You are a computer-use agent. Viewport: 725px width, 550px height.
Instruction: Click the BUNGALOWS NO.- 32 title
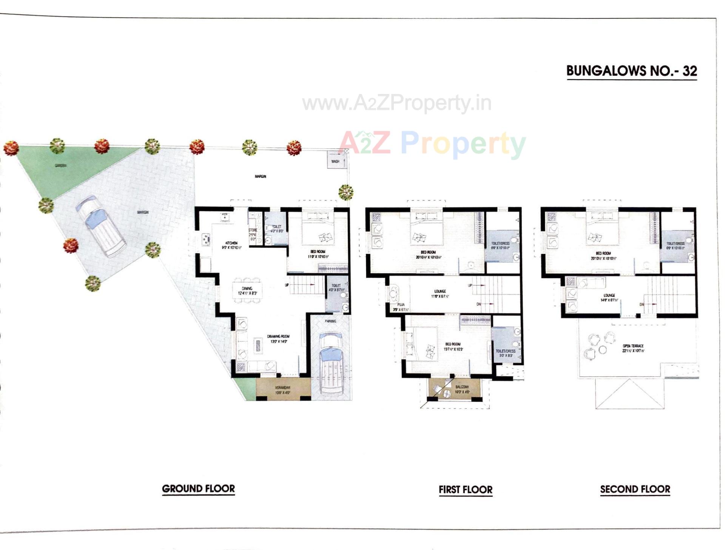[631, 71]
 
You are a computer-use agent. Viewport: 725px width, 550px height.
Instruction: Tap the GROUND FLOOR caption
[198, 488]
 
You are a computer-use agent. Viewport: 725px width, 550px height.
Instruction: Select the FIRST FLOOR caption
[465, 490]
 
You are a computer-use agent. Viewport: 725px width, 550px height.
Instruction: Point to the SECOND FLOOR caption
[635, 489]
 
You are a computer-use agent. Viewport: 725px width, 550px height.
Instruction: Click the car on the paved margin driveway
[101, 226]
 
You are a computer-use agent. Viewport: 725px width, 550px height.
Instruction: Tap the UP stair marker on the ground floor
[287, 285]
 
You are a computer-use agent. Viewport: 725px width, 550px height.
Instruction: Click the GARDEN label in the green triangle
[60, 165]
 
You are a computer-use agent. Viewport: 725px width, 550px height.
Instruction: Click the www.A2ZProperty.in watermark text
[396, 103]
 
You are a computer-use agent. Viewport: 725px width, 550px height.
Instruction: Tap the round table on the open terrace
[603, 350]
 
